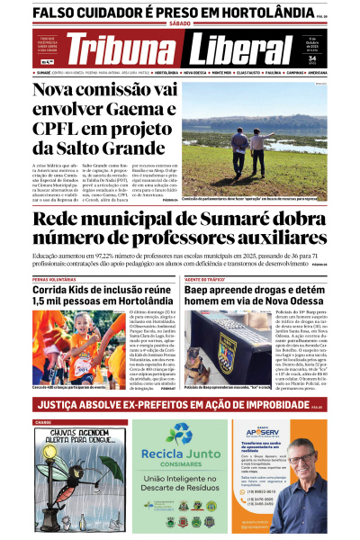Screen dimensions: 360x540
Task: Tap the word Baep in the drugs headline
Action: click(x=202, y=291)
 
